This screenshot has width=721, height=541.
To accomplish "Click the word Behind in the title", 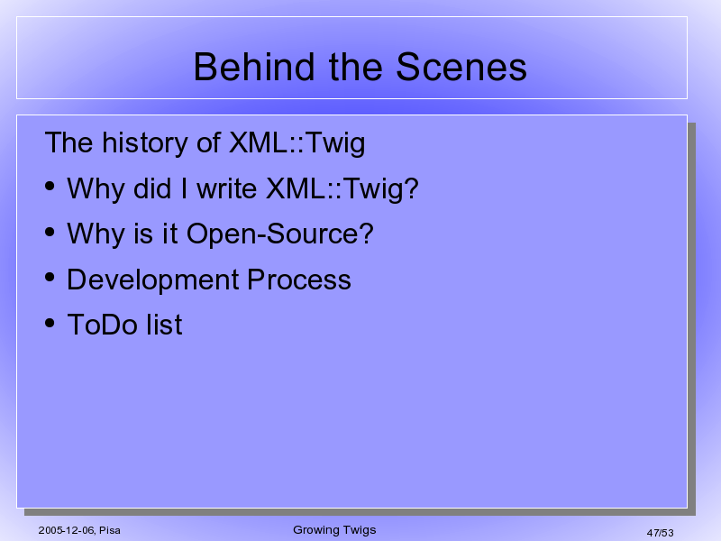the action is (x=254, y=67).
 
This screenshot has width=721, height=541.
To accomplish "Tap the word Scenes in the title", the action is (x=461, y=67).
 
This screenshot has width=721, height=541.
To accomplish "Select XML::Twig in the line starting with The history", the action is (x=297, y=142).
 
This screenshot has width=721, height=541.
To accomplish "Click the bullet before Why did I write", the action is (x=50, y=186).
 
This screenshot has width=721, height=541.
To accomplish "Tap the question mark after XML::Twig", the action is (x=411, y=188).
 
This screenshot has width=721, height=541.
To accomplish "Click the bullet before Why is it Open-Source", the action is (x=50, y=232).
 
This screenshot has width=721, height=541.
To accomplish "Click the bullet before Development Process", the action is (x=50, y=278).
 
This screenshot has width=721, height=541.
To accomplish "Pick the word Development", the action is (x=153, y=280).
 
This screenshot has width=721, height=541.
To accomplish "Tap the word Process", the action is (x=299, y=280).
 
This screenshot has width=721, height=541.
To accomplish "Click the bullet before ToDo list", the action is (x=50, y=323).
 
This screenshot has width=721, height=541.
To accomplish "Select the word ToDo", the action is (x=103, y=325).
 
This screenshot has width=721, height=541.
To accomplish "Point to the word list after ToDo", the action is (x=164, y=325).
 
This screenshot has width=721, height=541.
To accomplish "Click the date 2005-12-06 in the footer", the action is (x=67, y=530).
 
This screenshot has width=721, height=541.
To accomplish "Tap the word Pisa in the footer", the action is (x=110, y=530).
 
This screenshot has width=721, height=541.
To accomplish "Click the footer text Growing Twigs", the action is (x=334, y=530).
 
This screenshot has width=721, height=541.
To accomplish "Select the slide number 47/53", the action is (x=660, y=533).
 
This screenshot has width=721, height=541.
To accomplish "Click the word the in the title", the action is (x=355, y=67).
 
